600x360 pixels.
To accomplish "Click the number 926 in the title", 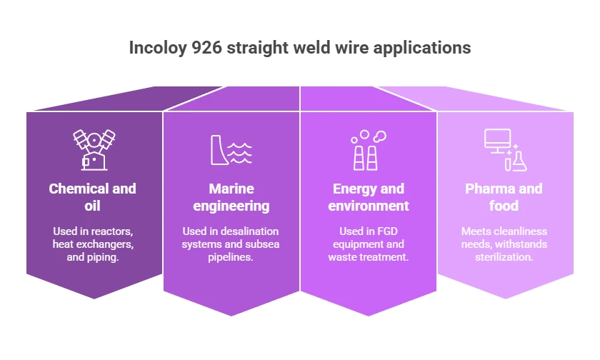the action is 206,48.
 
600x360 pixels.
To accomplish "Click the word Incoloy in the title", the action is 158,49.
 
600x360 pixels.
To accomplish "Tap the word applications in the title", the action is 422,49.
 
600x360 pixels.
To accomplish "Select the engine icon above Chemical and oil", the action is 94,149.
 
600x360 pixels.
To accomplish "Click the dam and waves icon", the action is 231,150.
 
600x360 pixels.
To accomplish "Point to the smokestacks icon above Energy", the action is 368,150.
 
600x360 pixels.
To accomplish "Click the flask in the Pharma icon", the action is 519,161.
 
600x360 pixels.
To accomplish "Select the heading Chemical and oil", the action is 93,197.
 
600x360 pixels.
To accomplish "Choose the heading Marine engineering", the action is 231,197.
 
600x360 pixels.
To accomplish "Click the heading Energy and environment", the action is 369,197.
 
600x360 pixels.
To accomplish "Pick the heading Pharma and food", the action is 504,197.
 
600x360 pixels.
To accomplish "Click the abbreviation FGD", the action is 388,231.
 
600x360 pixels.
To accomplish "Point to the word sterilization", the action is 504,257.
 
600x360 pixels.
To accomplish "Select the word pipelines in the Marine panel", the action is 230,257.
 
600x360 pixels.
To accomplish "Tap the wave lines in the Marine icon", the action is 240,154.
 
